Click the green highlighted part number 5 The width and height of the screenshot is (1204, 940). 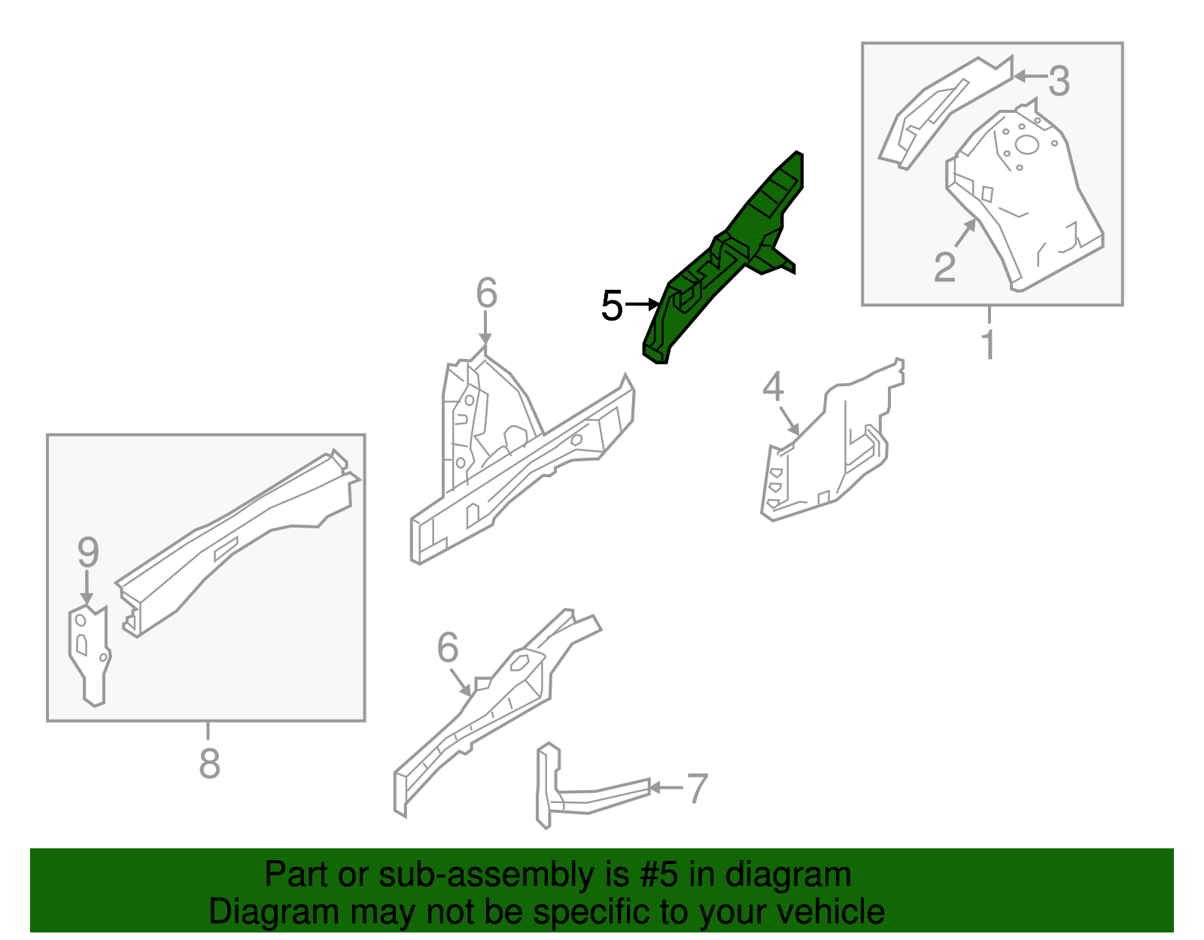point(722,256)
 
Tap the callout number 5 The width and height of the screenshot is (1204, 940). point(612,306)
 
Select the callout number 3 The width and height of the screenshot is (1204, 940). point(1059,81)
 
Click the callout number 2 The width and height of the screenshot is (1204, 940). point(944,266)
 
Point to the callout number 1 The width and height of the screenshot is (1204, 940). point(989,345)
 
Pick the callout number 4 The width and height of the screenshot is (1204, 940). point(773,387)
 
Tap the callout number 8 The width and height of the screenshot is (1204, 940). point(209,763)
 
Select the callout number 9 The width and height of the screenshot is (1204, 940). point(88,553)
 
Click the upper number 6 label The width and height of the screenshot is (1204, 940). point(486,293)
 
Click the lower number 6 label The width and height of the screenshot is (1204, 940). point(448,647)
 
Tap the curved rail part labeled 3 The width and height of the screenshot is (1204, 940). point(941,109)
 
